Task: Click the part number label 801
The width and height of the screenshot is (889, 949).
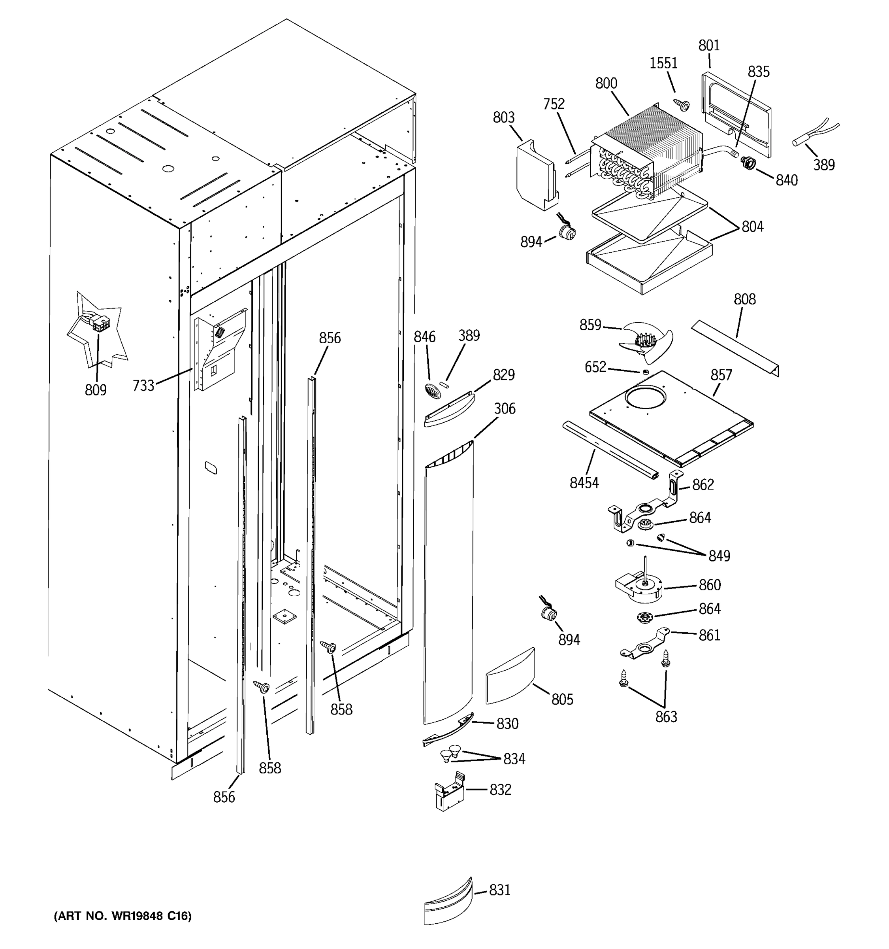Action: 709,46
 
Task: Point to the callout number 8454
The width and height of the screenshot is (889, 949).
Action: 584,483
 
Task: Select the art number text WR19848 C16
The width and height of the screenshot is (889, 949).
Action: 122,915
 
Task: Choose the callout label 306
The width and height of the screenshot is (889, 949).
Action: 505,408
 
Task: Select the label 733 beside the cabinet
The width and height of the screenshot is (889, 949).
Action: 143,385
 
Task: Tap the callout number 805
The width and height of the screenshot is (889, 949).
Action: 562,699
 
